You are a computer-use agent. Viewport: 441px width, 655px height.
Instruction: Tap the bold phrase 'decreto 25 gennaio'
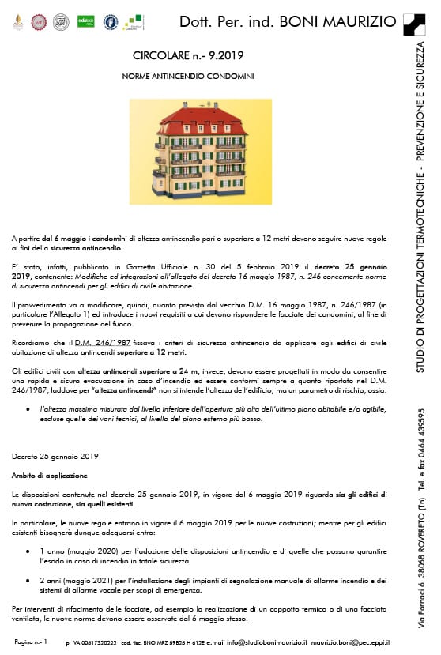[x=351, y=268]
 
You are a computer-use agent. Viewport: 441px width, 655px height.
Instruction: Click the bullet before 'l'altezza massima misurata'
[x=28, y=408]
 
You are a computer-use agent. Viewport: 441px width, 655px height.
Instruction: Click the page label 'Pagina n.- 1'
[x=30, y=642]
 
